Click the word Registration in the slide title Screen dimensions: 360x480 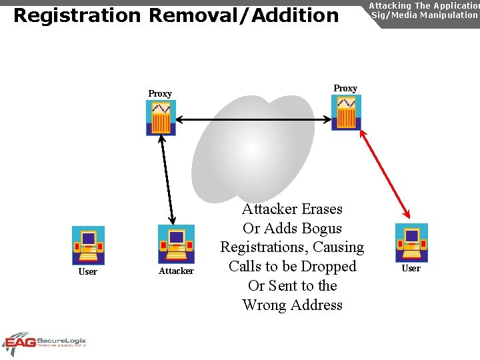[x=77, y=15]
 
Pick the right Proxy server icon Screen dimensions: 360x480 [x=346, y=112]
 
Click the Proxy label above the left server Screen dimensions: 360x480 [x=160, y=94]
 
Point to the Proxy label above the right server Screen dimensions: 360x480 [x=345, y=88]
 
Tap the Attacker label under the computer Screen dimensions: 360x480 [x=176, y=271]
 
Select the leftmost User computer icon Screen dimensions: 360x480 [x=88, y=245]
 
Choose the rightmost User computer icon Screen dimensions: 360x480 [x=411, y=243]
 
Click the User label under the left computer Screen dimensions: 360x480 [x=88, y=271]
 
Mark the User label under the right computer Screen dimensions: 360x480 [x=411, y=268]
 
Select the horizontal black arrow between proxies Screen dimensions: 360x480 [x=253, y=120]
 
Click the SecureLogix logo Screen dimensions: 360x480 [x=45, y=343]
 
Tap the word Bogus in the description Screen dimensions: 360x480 [x=321, y=228]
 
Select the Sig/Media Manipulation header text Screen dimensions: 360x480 [x=424, y=15]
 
